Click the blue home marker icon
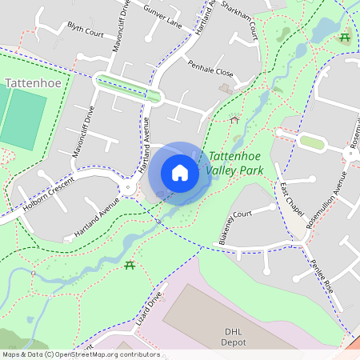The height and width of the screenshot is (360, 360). point(180,173)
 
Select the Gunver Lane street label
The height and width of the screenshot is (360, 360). point(162,18)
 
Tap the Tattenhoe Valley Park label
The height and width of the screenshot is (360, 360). point(234,164)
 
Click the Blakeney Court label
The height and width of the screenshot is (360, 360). point(234,226)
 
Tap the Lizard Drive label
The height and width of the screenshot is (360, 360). point(149,307)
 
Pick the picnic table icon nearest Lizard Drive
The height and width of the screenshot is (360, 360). point(130,266)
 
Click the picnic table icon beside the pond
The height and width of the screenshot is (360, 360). point(345,38)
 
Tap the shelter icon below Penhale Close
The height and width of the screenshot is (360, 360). point(234,118)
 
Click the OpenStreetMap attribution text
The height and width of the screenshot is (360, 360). point(81,354)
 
